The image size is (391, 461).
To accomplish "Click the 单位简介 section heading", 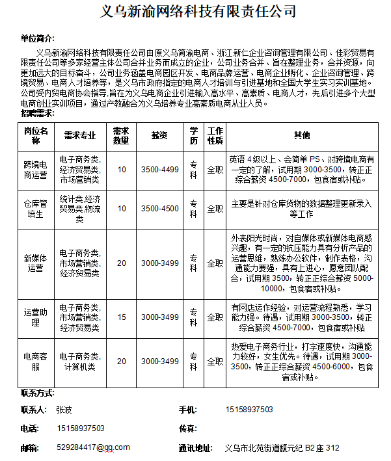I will tap(38, 39).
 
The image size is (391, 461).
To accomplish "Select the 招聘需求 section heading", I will tap(38, 112).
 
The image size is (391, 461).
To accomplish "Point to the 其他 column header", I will tap(302, 135).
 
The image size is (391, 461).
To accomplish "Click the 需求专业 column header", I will tap(79, 135).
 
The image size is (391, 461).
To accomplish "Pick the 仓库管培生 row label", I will tap(36, 209).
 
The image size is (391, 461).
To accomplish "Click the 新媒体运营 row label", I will tap(36, 263).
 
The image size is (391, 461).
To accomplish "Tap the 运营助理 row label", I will tap(36, 317).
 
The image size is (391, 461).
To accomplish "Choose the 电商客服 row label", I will tap(36, 362).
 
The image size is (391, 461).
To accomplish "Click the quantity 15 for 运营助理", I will tap(122, 317).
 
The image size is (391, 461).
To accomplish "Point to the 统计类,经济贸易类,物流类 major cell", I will tap(79, 209).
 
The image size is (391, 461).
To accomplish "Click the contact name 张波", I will tap(64, 410).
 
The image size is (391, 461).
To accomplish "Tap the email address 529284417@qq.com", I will tap(93, 447).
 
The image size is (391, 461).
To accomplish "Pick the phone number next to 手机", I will tap(249, 410).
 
